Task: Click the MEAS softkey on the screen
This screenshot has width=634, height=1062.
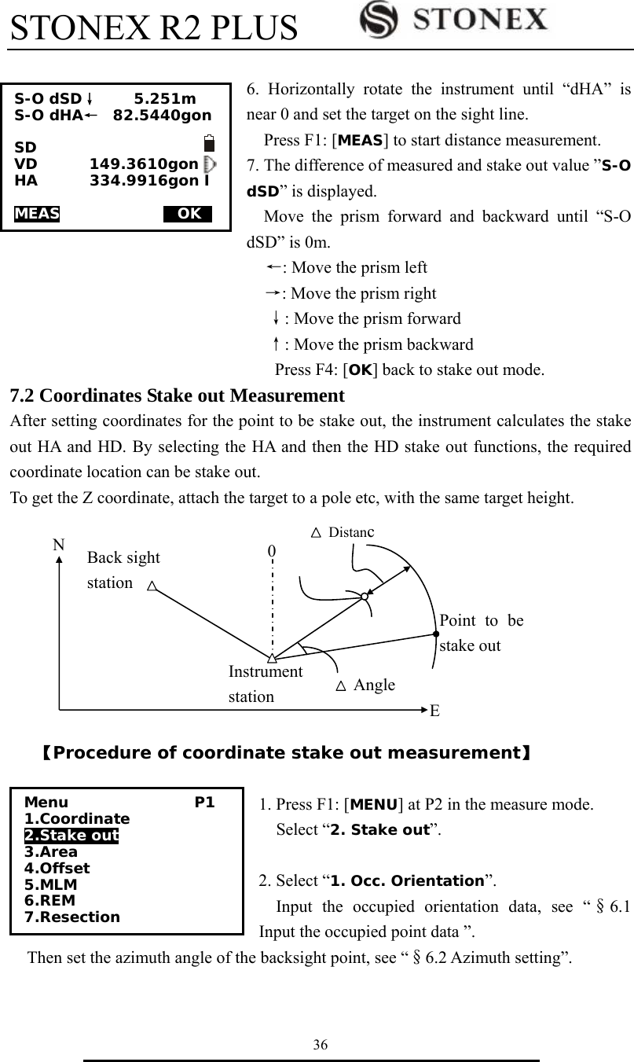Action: point(37,214)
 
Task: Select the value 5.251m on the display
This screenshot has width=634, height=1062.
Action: point(165,99)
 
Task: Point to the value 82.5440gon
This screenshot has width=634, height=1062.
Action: point(162,116)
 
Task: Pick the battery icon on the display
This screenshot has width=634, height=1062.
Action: point(209,144)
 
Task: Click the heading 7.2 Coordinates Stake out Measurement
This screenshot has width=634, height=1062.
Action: point(176,395)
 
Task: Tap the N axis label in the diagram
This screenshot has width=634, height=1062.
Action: point(58,544)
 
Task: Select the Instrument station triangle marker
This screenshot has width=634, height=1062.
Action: point(271,656)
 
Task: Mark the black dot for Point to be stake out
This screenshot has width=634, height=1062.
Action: point(434,632)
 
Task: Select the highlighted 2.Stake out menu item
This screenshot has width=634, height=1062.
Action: point(71,835)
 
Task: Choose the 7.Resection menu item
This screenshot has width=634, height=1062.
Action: point(72,917)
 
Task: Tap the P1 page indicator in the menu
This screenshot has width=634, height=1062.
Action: point(205,803)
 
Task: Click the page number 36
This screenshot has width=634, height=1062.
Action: point(320,1044)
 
